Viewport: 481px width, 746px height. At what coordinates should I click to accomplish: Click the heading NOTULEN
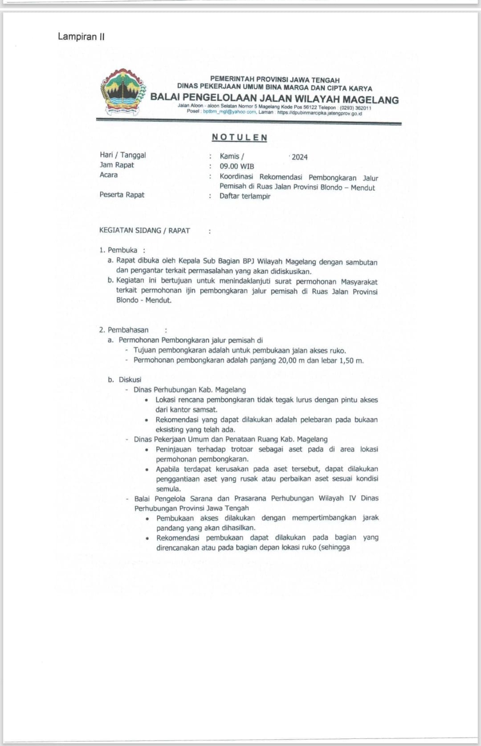(240, 137)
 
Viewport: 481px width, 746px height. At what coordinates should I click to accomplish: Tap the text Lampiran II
(81, 37)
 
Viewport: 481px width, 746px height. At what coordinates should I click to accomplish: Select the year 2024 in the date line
(300, 157)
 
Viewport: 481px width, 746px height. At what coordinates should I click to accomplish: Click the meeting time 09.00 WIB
(237, 166)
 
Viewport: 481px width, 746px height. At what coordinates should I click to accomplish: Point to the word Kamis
(230, 157)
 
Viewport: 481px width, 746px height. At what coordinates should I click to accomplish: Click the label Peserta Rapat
(122, 195)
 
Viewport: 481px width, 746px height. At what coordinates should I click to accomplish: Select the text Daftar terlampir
(245, 196)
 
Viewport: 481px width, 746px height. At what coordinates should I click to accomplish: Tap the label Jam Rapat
(117, 165)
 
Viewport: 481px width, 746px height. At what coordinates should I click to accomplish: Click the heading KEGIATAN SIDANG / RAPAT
(145, 231)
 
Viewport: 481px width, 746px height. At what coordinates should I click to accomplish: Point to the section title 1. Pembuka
(118, 250)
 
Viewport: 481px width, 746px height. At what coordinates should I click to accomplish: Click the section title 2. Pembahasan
(124, 330)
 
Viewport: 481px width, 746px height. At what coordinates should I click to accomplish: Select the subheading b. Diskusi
(125, 379)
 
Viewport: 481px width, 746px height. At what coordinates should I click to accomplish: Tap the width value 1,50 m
(351, 360)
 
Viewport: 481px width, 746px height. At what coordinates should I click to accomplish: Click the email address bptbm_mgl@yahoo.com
(229, 112)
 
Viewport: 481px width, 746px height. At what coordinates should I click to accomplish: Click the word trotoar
(242, 449)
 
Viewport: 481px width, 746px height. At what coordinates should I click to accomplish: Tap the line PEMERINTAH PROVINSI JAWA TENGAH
(275, 80)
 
